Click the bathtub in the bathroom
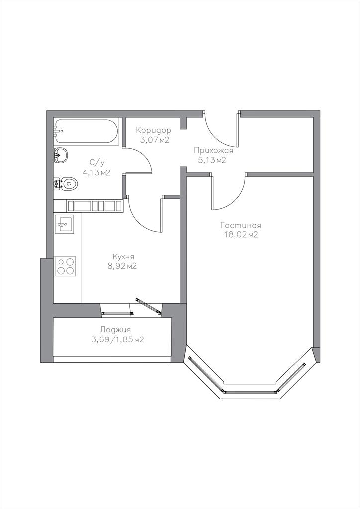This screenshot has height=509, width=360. tap(86, 131)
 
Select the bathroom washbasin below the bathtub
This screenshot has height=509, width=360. tap(61, 155)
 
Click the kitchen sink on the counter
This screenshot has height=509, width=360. tap(64, 223)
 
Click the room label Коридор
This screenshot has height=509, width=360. tap(153, 131)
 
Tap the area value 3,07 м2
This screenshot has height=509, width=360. tap(155, 140)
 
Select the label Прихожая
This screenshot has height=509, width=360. tap(214, 150)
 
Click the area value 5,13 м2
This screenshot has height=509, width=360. tap(212, 160)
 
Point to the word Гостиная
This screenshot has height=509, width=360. tap(241, 225)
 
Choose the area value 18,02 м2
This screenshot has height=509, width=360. tap(241, 235)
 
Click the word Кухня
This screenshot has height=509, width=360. tap(123, 256)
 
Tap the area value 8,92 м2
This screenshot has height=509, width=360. tap(122, 266)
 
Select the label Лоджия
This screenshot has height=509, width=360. tap(115, 330)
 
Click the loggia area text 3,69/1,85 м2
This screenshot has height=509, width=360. tap(118, 340)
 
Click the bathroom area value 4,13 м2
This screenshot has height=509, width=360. tap(97, 172)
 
